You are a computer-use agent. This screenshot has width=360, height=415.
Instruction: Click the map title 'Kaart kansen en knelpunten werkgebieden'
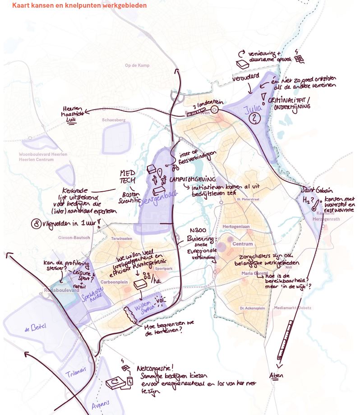pos(79,5)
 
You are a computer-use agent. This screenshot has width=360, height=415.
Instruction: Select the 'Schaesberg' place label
pos(114,120)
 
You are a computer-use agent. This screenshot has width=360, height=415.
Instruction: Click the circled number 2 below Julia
pos(256,118)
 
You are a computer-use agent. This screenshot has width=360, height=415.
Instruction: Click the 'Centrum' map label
pos(242,244)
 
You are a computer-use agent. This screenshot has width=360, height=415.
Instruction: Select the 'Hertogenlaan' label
pos(236,226)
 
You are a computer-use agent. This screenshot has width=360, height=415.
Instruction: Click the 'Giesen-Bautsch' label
pos(74,237)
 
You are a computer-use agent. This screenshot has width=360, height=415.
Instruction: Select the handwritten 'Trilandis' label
pos(73,374)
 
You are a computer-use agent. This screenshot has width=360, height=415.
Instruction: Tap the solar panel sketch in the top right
pos(300,59)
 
